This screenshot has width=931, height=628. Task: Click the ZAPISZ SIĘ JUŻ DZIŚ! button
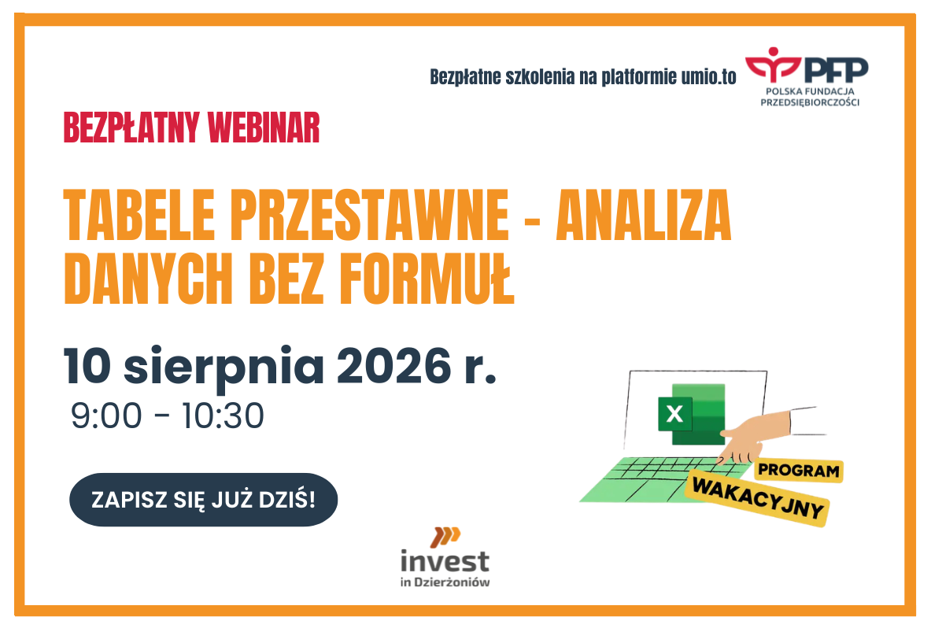point(203,499)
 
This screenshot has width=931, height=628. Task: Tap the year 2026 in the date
point(393,365)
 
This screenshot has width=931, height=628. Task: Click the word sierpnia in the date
point(224,368)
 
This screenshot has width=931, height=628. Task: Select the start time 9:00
point(106,416)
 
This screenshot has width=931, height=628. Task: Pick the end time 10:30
point(223,416)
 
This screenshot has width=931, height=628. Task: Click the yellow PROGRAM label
point(799,470)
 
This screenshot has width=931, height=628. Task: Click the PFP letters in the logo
point(836,70)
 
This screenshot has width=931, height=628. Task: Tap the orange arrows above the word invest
point(445,536)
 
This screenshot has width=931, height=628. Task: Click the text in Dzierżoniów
point(445,582)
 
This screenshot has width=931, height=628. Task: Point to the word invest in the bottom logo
point(445,560)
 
